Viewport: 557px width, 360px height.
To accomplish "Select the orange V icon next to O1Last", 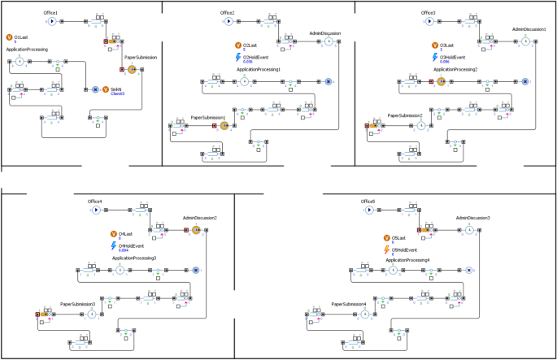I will tap(9, 37).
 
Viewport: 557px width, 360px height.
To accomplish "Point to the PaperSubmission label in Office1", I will tap(141, 58).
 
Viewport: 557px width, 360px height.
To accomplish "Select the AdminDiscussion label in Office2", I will tap(325, 33).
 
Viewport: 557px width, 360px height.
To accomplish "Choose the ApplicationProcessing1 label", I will tap(259, 70).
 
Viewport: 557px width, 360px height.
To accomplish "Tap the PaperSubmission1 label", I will tap(207, 118).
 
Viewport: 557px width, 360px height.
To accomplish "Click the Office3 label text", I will tap(429, 13).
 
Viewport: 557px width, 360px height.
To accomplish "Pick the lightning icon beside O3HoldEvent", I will tap(435, 59).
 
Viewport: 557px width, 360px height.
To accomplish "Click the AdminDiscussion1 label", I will tap(529, 29).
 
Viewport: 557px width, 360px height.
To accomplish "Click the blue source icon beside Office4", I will tap(95, 210).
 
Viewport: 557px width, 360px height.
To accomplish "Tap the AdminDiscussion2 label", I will tap(199, 218).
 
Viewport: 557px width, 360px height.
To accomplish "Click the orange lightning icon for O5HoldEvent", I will tap(386, 249).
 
